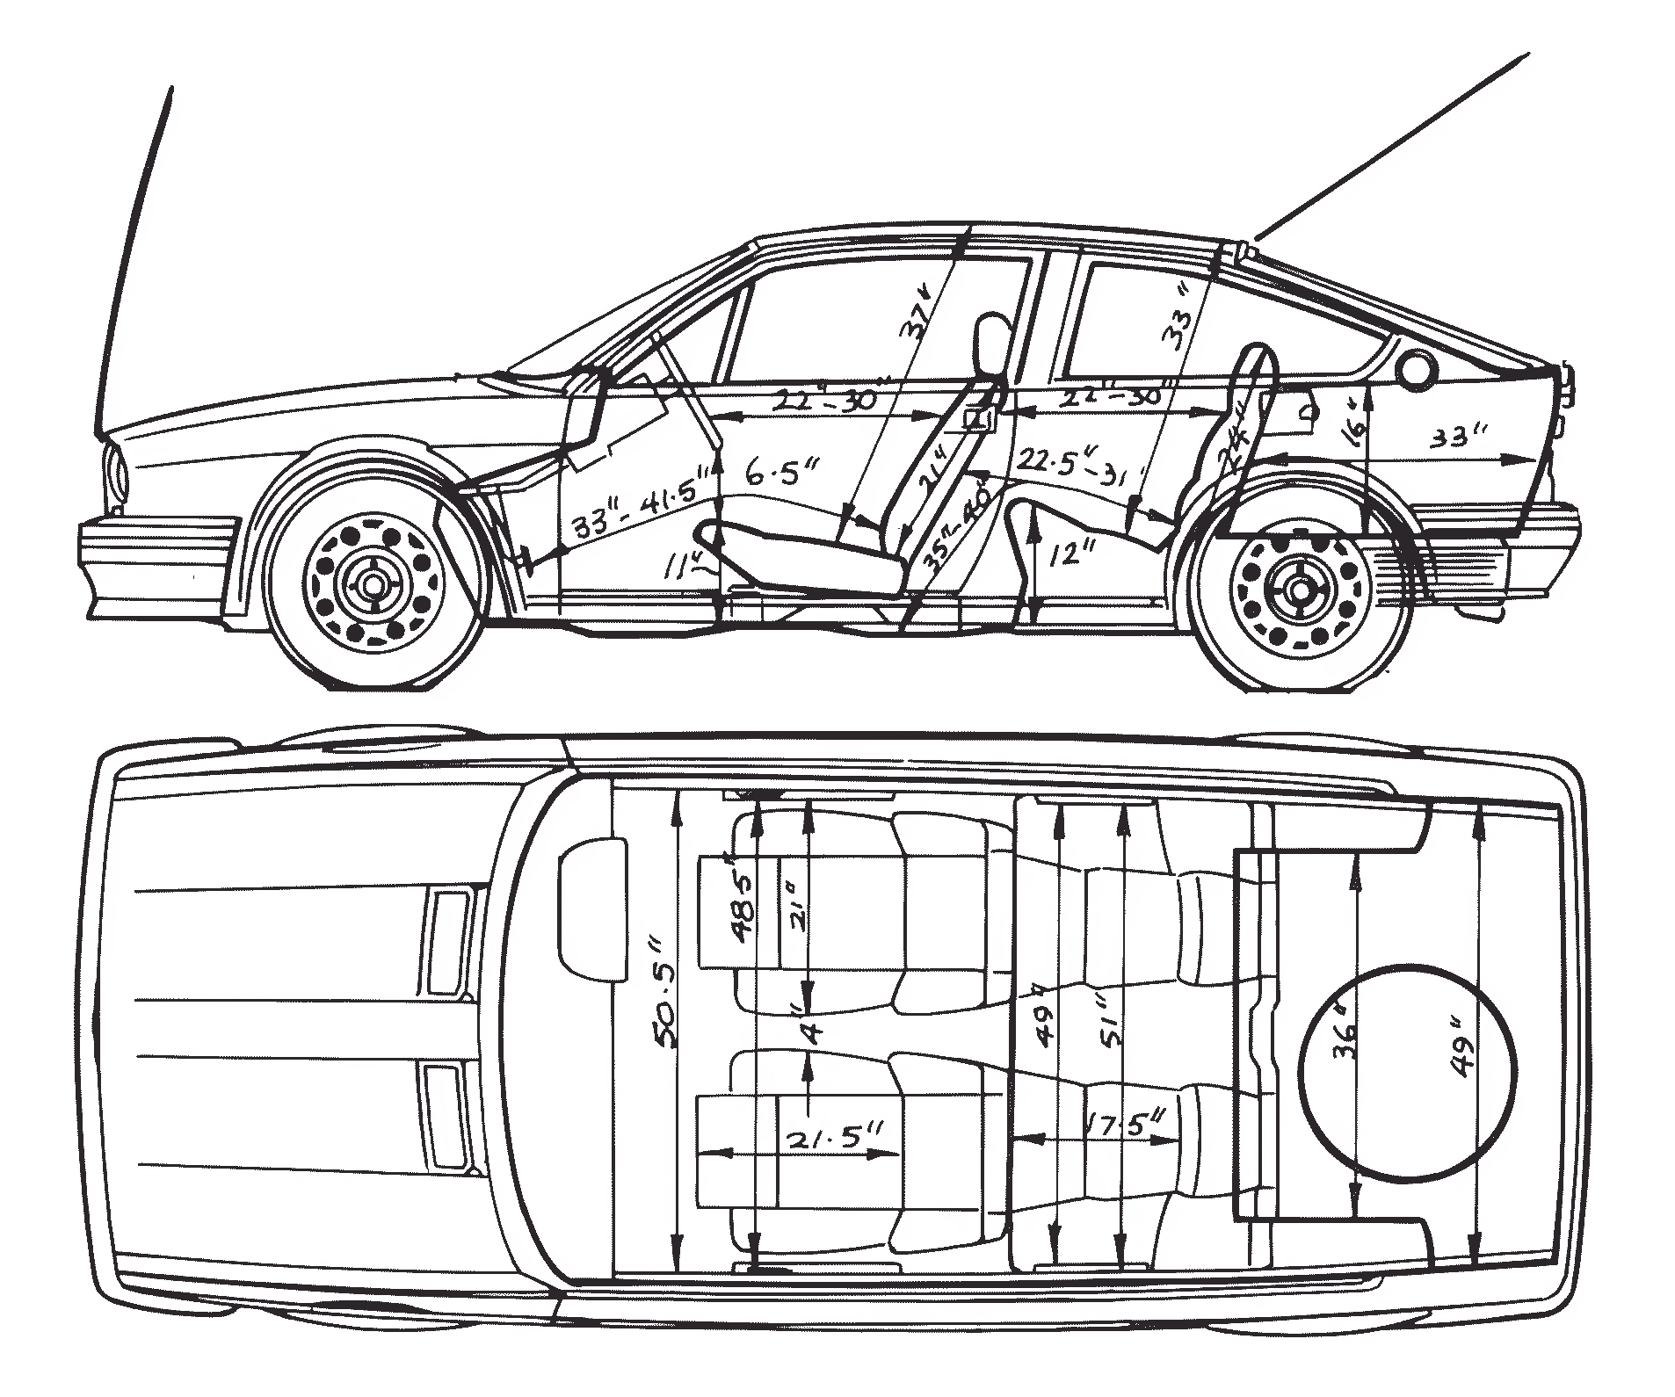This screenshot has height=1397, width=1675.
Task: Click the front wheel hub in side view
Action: (373, 583)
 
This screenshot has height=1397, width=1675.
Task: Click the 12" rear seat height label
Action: (1067, 554)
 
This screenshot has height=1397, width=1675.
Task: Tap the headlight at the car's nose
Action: (117, 474)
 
